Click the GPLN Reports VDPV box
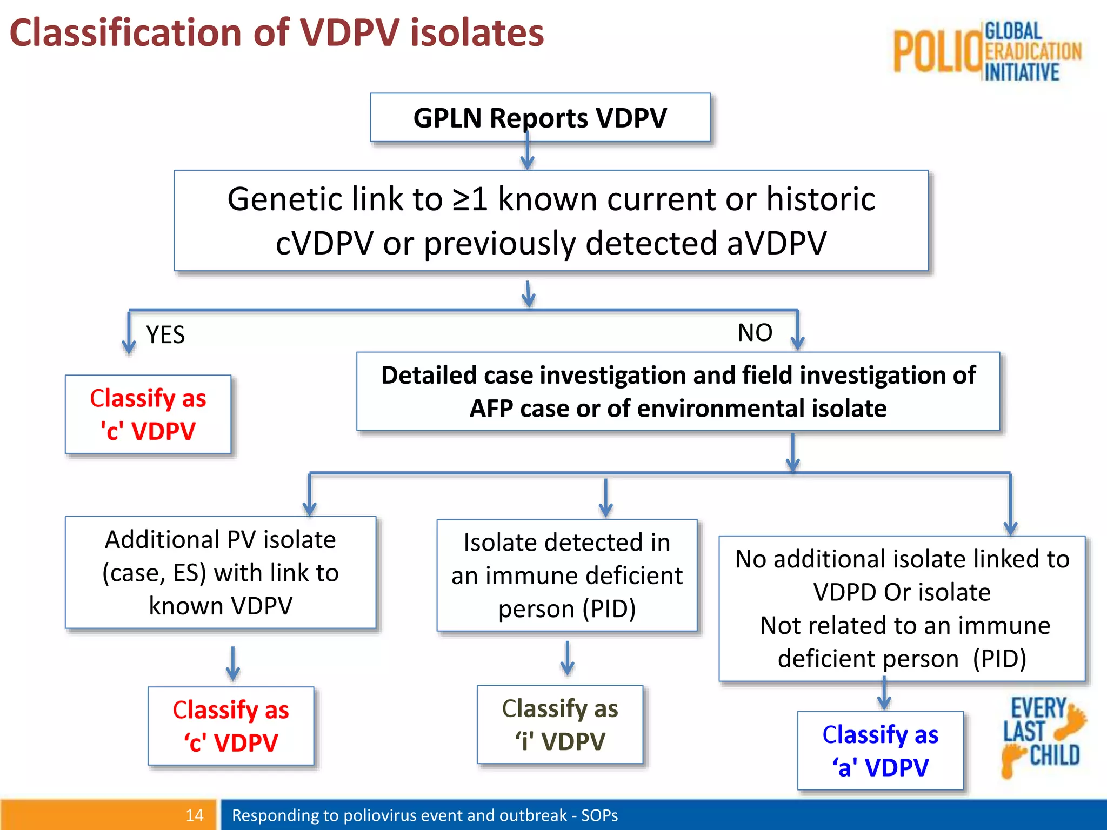point(540,117)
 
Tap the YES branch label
point(165,335)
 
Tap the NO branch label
point(755,333)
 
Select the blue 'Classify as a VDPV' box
point(880,750)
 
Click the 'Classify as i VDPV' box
point(559,724)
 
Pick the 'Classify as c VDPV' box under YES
point(148,414)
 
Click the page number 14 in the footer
point(194,815)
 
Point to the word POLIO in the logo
point(937,52)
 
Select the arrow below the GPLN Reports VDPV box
point(528,155)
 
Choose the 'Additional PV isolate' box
point(220,572)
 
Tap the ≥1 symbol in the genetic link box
point(470,199)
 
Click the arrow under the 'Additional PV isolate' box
point(233,664)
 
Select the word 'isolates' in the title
point(477,34)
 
